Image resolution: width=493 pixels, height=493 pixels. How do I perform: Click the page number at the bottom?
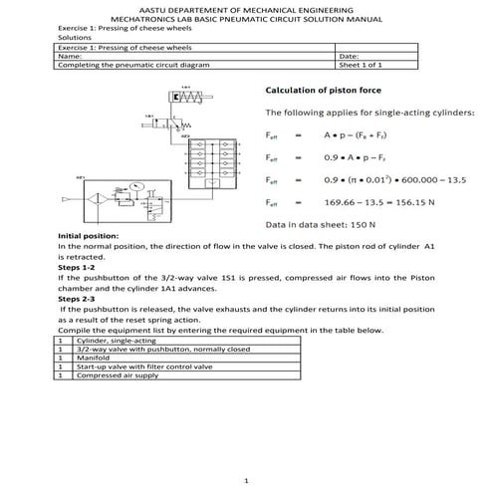[x=246, y=480]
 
